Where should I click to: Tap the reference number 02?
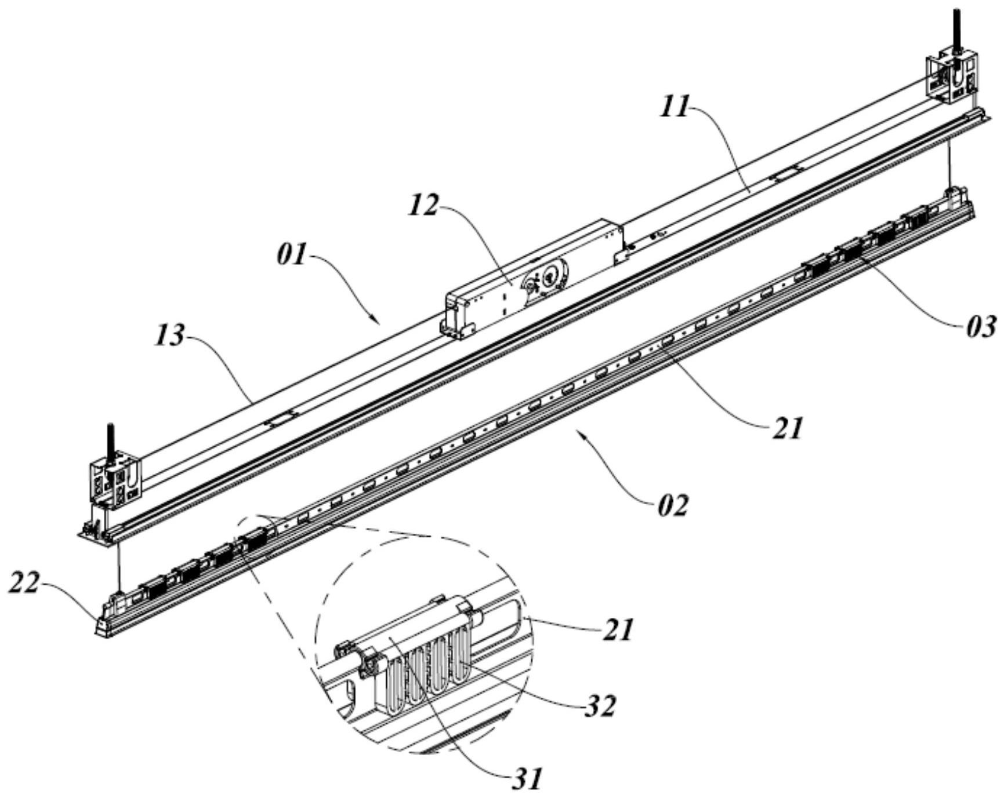672,505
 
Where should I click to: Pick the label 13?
169,336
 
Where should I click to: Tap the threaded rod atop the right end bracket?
955,32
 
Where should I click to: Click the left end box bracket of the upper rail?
114,480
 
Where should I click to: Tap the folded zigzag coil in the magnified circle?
426,666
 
